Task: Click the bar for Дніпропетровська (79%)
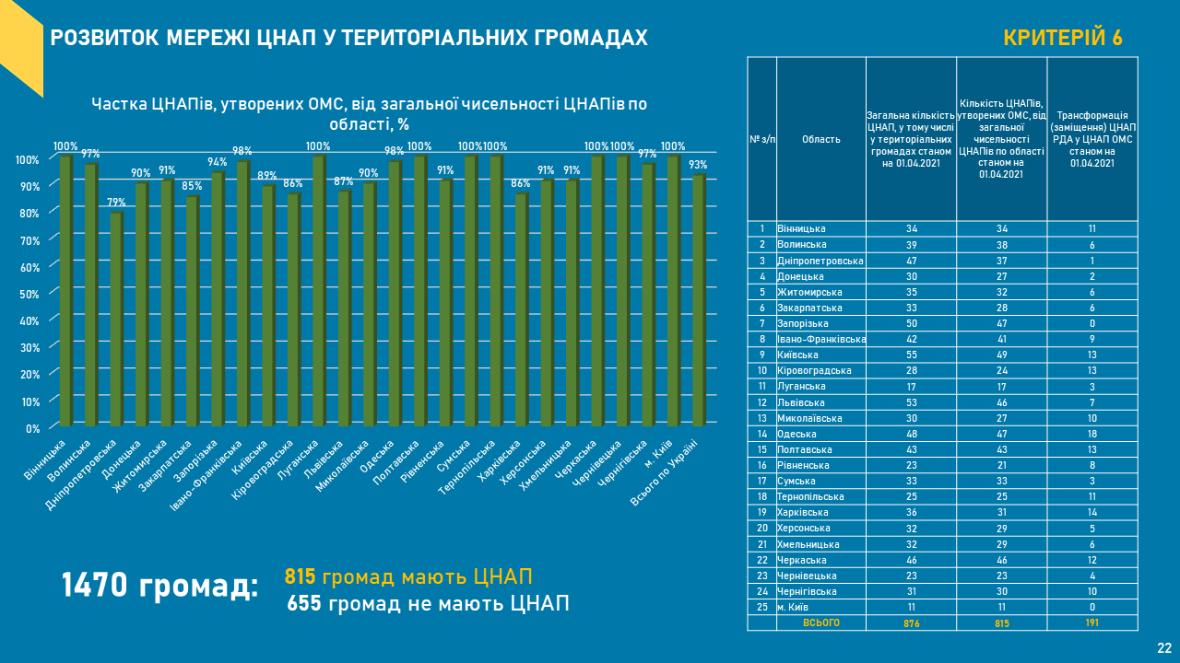[116, 320]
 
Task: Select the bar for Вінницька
[65, 291]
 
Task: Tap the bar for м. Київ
[672, 291]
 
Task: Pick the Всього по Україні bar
[698, 300]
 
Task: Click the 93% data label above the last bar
[698, 165]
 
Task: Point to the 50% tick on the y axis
[28, 294]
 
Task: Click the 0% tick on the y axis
[31, 428]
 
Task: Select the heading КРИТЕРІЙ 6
[1062, 38]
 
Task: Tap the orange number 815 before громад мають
[301, 577]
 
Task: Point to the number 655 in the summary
[304, 604]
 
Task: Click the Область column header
[820, 139]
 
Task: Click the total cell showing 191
[1091, 623]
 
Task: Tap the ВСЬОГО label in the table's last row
[820, 623]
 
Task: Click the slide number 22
[1164, 647]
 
